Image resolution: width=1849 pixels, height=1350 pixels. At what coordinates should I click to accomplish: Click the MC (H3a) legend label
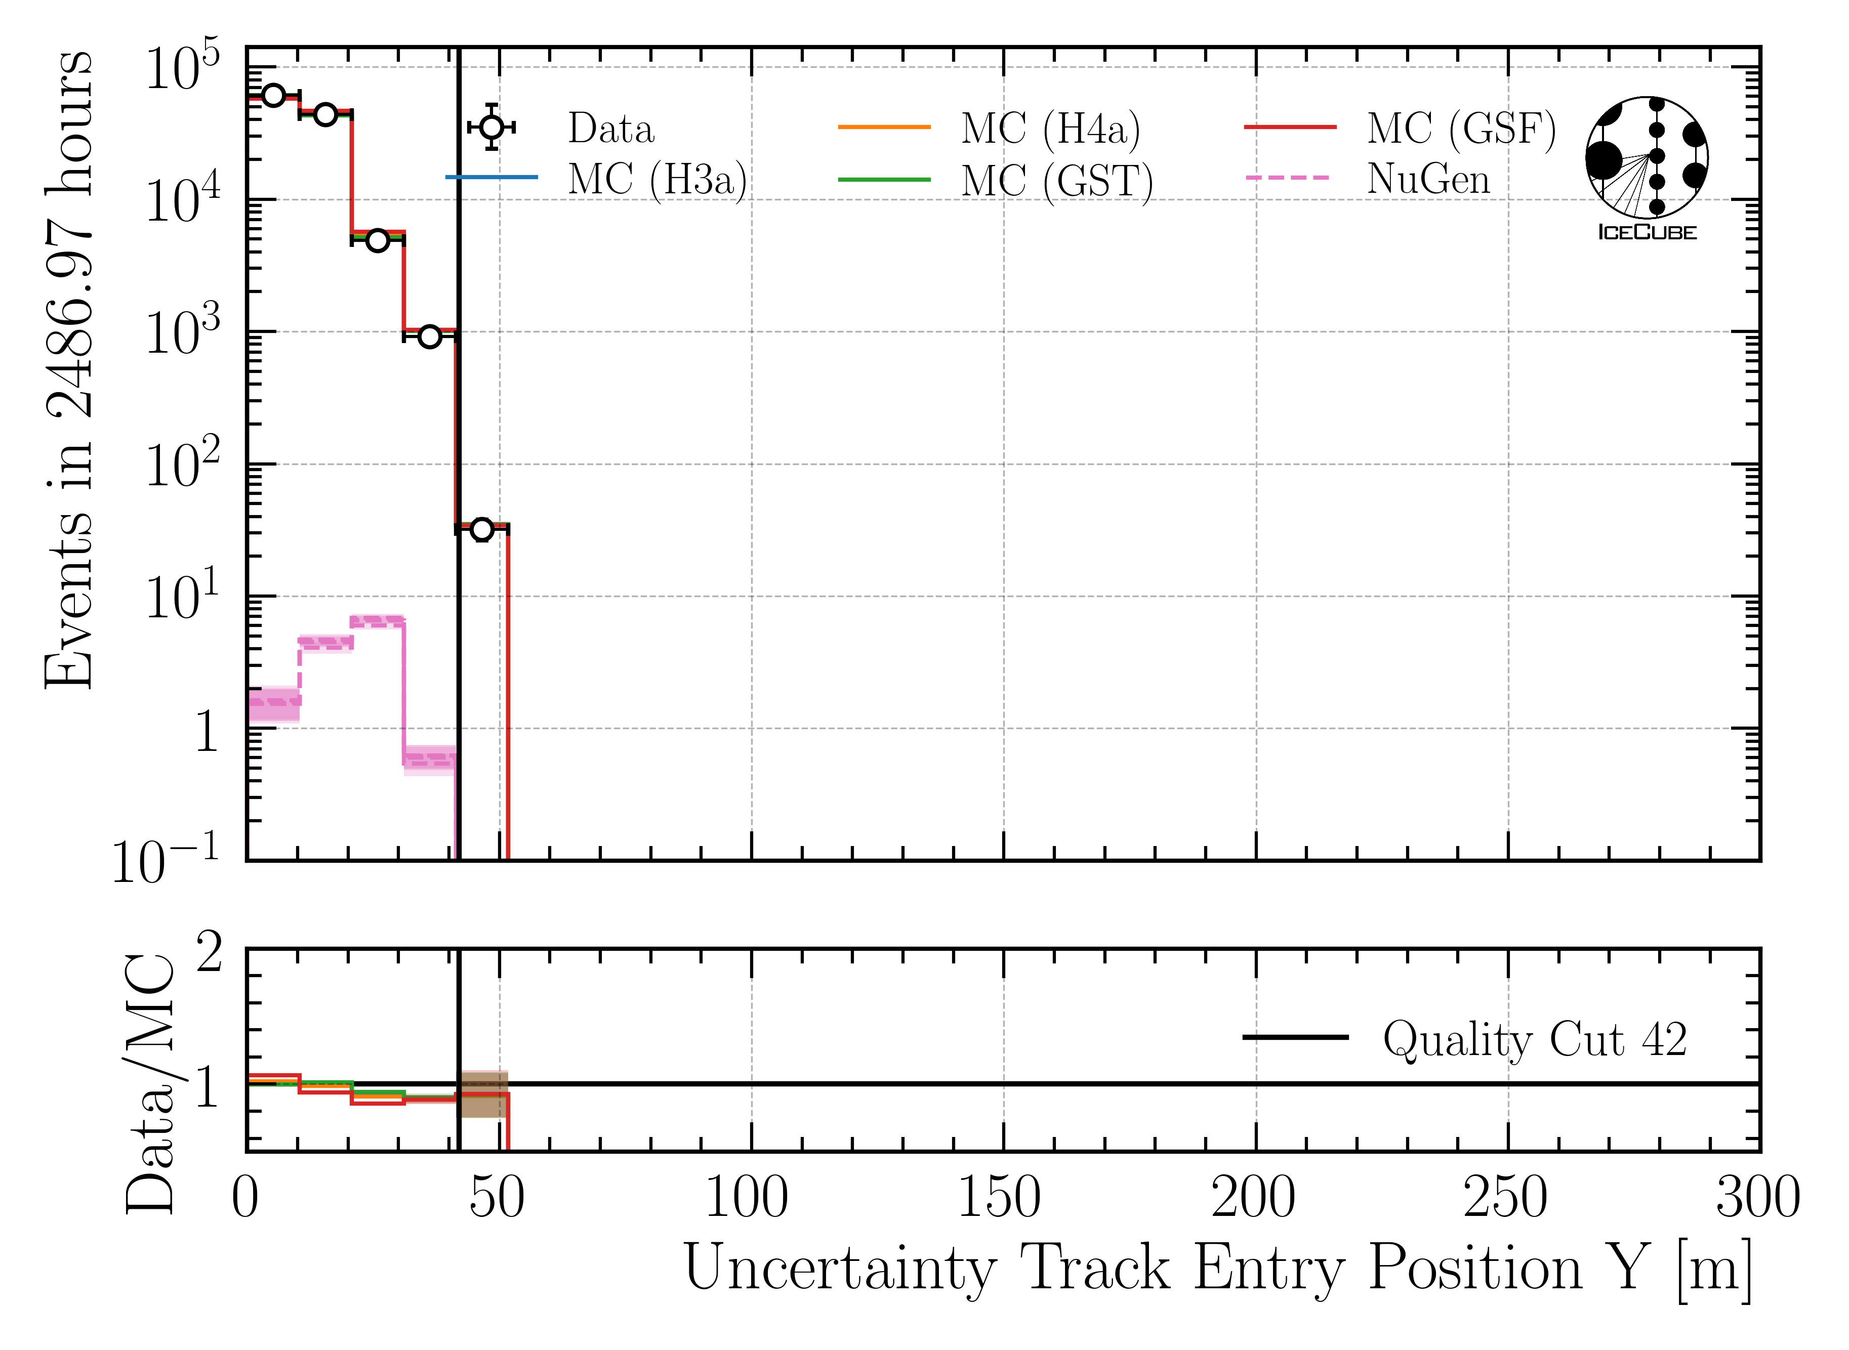click(657, 180)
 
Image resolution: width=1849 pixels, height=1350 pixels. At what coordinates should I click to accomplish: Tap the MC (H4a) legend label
click(1050, 129)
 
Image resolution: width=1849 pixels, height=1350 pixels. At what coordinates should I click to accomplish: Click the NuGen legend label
click(1428, 179)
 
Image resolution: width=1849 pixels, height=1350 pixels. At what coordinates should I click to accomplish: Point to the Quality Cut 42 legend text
click(1534, 1039)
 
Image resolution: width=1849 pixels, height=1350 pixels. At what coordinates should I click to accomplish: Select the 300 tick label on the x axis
click(1757, 1198)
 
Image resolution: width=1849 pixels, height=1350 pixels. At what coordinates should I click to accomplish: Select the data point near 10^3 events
click(430, 336)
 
